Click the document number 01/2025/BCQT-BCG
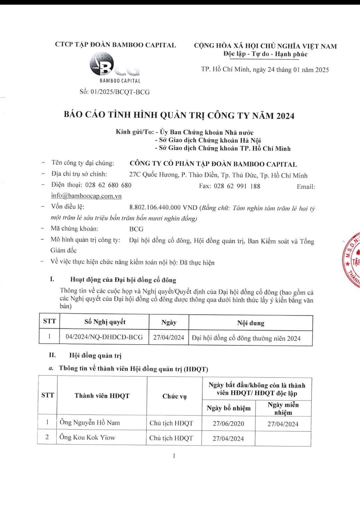[120, 92]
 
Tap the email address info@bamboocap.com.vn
[86, 196]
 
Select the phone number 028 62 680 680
[108, 185]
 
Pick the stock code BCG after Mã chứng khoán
[136, 229]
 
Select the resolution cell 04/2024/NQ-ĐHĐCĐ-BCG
[104, 337]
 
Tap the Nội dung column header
[251, 323]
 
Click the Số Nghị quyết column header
[105, 322]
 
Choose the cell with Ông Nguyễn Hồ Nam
[90, 422]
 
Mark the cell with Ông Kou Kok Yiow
[87, 437]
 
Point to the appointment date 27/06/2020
[228, 423]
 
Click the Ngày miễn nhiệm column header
[283, 408]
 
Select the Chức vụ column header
[174, 396]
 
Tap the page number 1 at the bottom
[174, 456]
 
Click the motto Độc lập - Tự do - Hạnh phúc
[265, 54]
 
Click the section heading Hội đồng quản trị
[95, 355]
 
